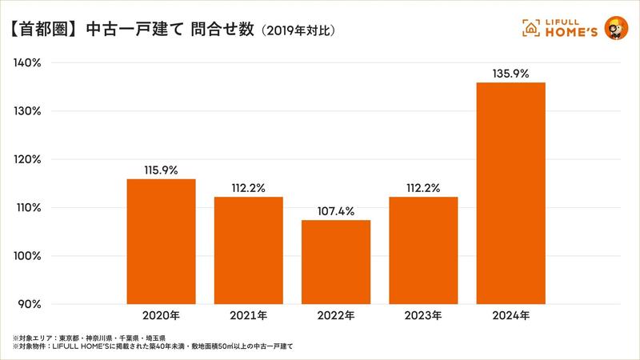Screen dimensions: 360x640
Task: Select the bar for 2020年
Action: point(162,241)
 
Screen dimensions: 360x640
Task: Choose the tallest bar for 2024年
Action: point(510,193)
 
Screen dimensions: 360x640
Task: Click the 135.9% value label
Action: point(510,74)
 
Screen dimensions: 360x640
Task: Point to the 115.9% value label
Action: point(162,170)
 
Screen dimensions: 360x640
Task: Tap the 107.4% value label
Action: point(336,210)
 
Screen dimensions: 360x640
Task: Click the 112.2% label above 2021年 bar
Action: point(249,188)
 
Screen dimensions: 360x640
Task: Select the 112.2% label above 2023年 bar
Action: point(423,188)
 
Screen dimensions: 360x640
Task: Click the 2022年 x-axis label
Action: point(336,315)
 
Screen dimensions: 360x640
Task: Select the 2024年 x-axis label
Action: point(510,315)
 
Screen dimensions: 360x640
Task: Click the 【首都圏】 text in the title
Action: point(45,30)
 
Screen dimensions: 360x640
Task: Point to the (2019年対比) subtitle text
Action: point(297,31)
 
